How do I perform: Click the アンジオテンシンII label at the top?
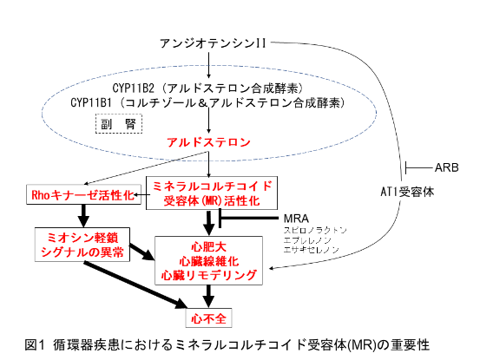[x=213, y=43]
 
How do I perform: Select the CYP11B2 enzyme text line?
[x=207, y=88]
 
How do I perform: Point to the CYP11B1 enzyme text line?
[x=207, y=102]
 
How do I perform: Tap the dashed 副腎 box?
[x=119, y=123]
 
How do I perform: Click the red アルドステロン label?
[x=208, y=142]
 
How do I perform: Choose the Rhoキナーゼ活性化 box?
[x=83, y=194]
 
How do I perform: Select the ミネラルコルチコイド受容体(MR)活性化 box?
[x=212, y=193]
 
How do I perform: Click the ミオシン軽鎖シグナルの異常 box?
[x=82, y=245]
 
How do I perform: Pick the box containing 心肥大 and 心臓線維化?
[x=209, y=260]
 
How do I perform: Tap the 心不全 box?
[x=209, y=318]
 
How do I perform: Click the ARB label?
[x=447, y=167]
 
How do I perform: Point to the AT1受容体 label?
[x=407, y=192]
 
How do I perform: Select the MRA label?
[x=296, y=219]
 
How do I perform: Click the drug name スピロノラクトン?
[x=315, y=230]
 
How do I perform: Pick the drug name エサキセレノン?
[x=312, y=250]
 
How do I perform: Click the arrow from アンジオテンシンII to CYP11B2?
[x=209, y=65]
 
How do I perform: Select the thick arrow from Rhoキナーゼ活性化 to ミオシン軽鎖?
[x=83, y=216]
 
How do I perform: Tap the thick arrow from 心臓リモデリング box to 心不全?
[x=209, y=296]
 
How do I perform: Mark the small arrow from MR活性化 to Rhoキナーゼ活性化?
[x=141, y=194]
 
